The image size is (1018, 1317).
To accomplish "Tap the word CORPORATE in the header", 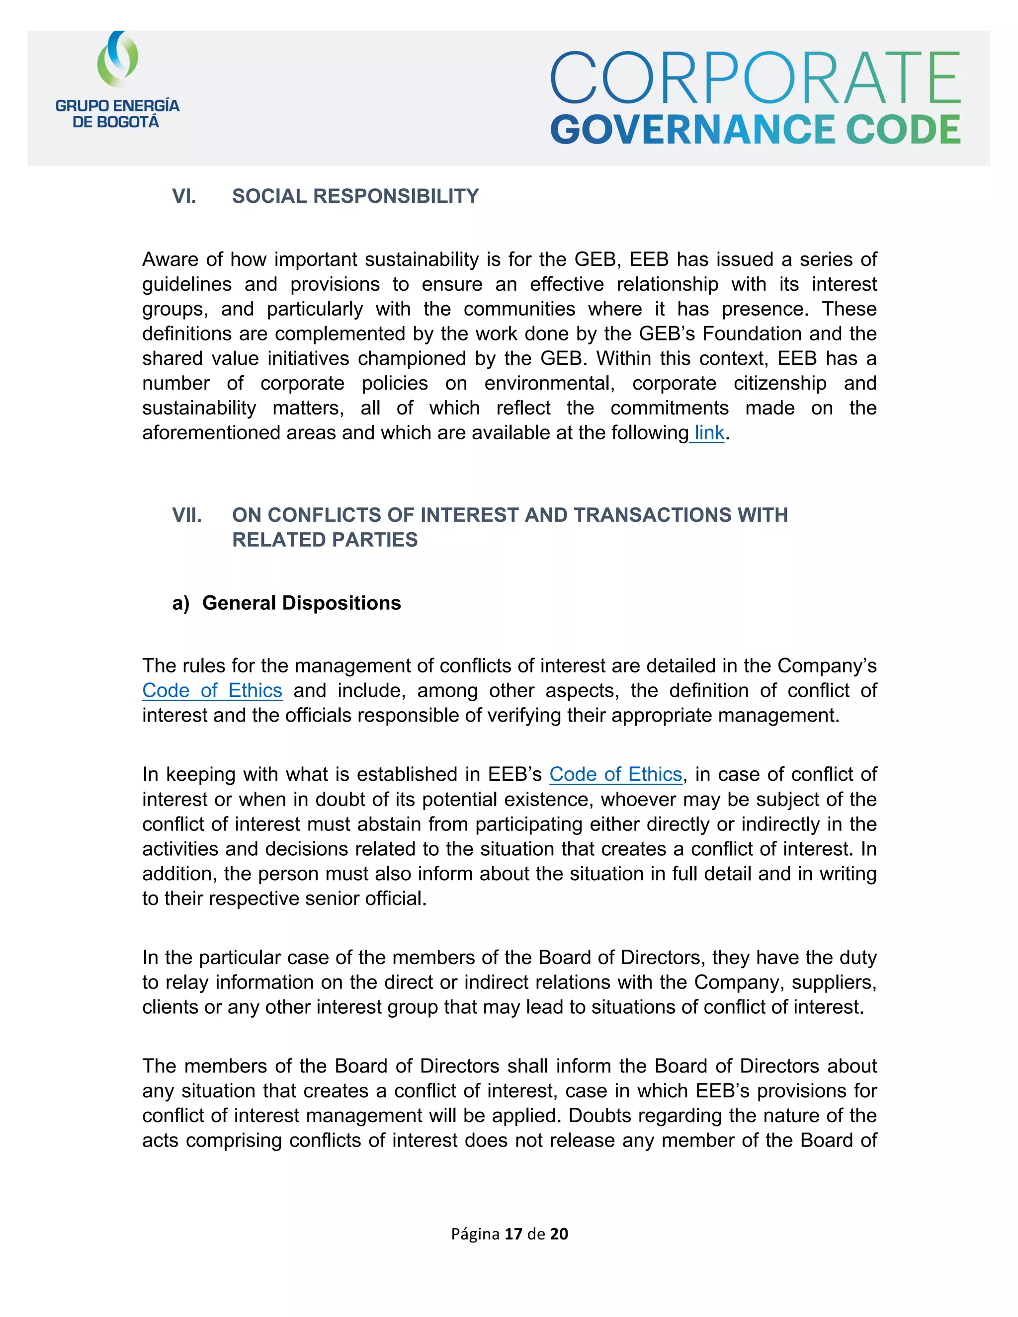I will coord(755,78).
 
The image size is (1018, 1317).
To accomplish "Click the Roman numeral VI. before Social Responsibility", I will coord(184,196).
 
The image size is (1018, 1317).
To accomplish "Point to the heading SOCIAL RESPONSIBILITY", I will coord(355,196).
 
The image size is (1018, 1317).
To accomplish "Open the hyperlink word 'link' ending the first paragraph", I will coord(709,432).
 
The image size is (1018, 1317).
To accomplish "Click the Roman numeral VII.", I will coord(186,514).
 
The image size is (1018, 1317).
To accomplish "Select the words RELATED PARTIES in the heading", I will coord(325,539).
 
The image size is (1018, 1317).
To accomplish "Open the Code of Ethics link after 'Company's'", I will coord(212,690).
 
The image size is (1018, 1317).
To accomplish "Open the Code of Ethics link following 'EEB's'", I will coord(615,774).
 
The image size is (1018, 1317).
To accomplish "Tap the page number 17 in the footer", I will coord(513,1234).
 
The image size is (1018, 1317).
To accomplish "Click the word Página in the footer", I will coord(475,1234).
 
